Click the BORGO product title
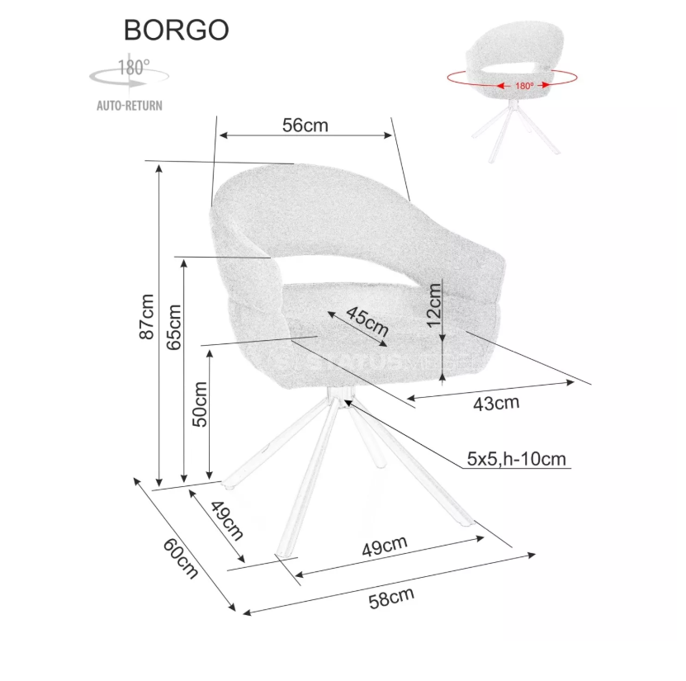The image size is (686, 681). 177,30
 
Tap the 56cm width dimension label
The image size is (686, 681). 305,125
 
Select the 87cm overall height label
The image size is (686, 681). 146,317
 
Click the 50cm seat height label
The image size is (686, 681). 199,404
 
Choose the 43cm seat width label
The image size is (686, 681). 495,404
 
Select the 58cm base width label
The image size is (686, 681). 390,597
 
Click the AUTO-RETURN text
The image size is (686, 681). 129,105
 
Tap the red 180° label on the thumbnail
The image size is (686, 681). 523,84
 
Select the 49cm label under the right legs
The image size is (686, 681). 386,544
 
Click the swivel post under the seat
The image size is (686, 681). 338,395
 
